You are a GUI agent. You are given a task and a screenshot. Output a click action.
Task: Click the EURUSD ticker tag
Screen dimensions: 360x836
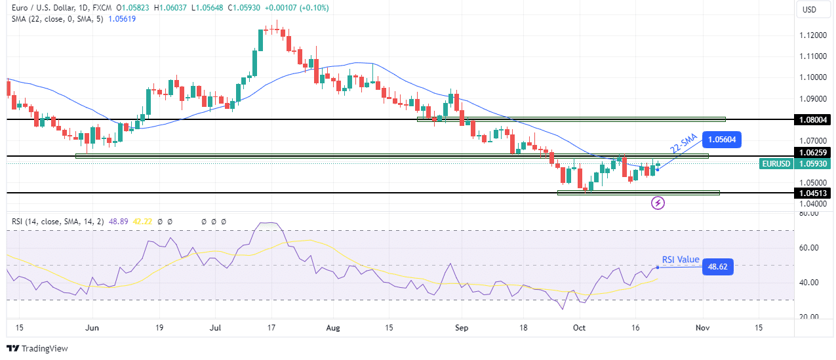point(776,163)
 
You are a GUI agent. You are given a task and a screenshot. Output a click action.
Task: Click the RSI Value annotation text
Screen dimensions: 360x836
point(680,260)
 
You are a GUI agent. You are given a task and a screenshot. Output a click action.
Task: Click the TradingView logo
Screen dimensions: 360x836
point(37,349)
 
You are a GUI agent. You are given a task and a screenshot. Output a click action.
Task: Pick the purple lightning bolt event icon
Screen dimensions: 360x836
point(658,203)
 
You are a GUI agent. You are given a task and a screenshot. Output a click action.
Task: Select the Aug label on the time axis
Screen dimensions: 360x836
point(333,327)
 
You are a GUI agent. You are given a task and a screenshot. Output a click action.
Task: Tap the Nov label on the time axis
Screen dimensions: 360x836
point(702,327)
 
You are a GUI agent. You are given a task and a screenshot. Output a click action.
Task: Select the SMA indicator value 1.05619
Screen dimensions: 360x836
point(140,20)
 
